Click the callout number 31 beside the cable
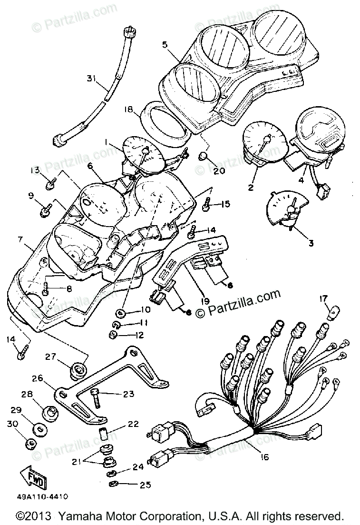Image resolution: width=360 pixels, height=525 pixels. (x=93, y=79)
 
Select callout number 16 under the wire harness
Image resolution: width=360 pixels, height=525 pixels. (x=264, y=457)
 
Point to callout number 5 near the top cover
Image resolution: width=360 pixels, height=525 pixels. (x=165, y=46)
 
